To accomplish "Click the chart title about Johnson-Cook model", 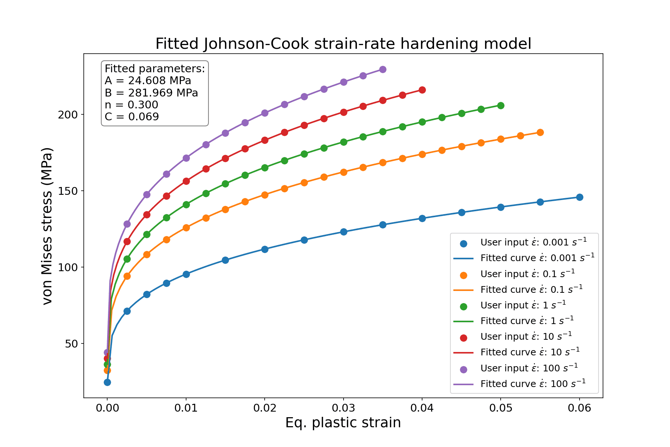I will (x=343, y=44).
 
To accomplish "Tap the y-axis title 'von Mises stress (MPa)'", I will (x=48, y=226).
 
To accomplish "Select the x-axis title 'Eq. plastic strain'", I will (x=343, y=423).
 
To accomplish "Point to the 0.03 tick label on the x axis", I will (x=343, y=408).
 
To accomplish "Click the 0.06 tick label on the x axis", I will (x=579, y=408).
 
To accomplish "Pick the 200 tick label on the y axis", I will (x=68, y=114).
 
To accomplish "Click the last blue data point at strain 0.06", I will (x=580, y=197).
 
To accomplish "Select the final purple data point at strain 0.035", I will (x=383, y=69).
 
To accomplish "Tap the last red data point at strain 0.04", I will (x=422, y=90).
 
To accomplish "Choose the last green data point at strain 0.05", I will (x=501, y=106).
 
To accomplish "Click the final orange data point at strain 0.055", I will (x=540, y=132).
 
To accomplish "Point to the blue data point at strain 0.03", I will (x=344, y=232).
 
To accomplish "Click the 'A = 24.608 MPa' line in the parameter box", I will (x=148, y=81).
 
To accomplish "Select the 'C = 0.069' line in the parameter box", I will (x=132, y=117).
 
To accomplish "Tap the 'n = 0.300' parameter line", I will (x=131, y=105).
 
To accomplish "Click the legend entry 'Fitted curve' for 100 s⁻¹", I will (x=533, y=384).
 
